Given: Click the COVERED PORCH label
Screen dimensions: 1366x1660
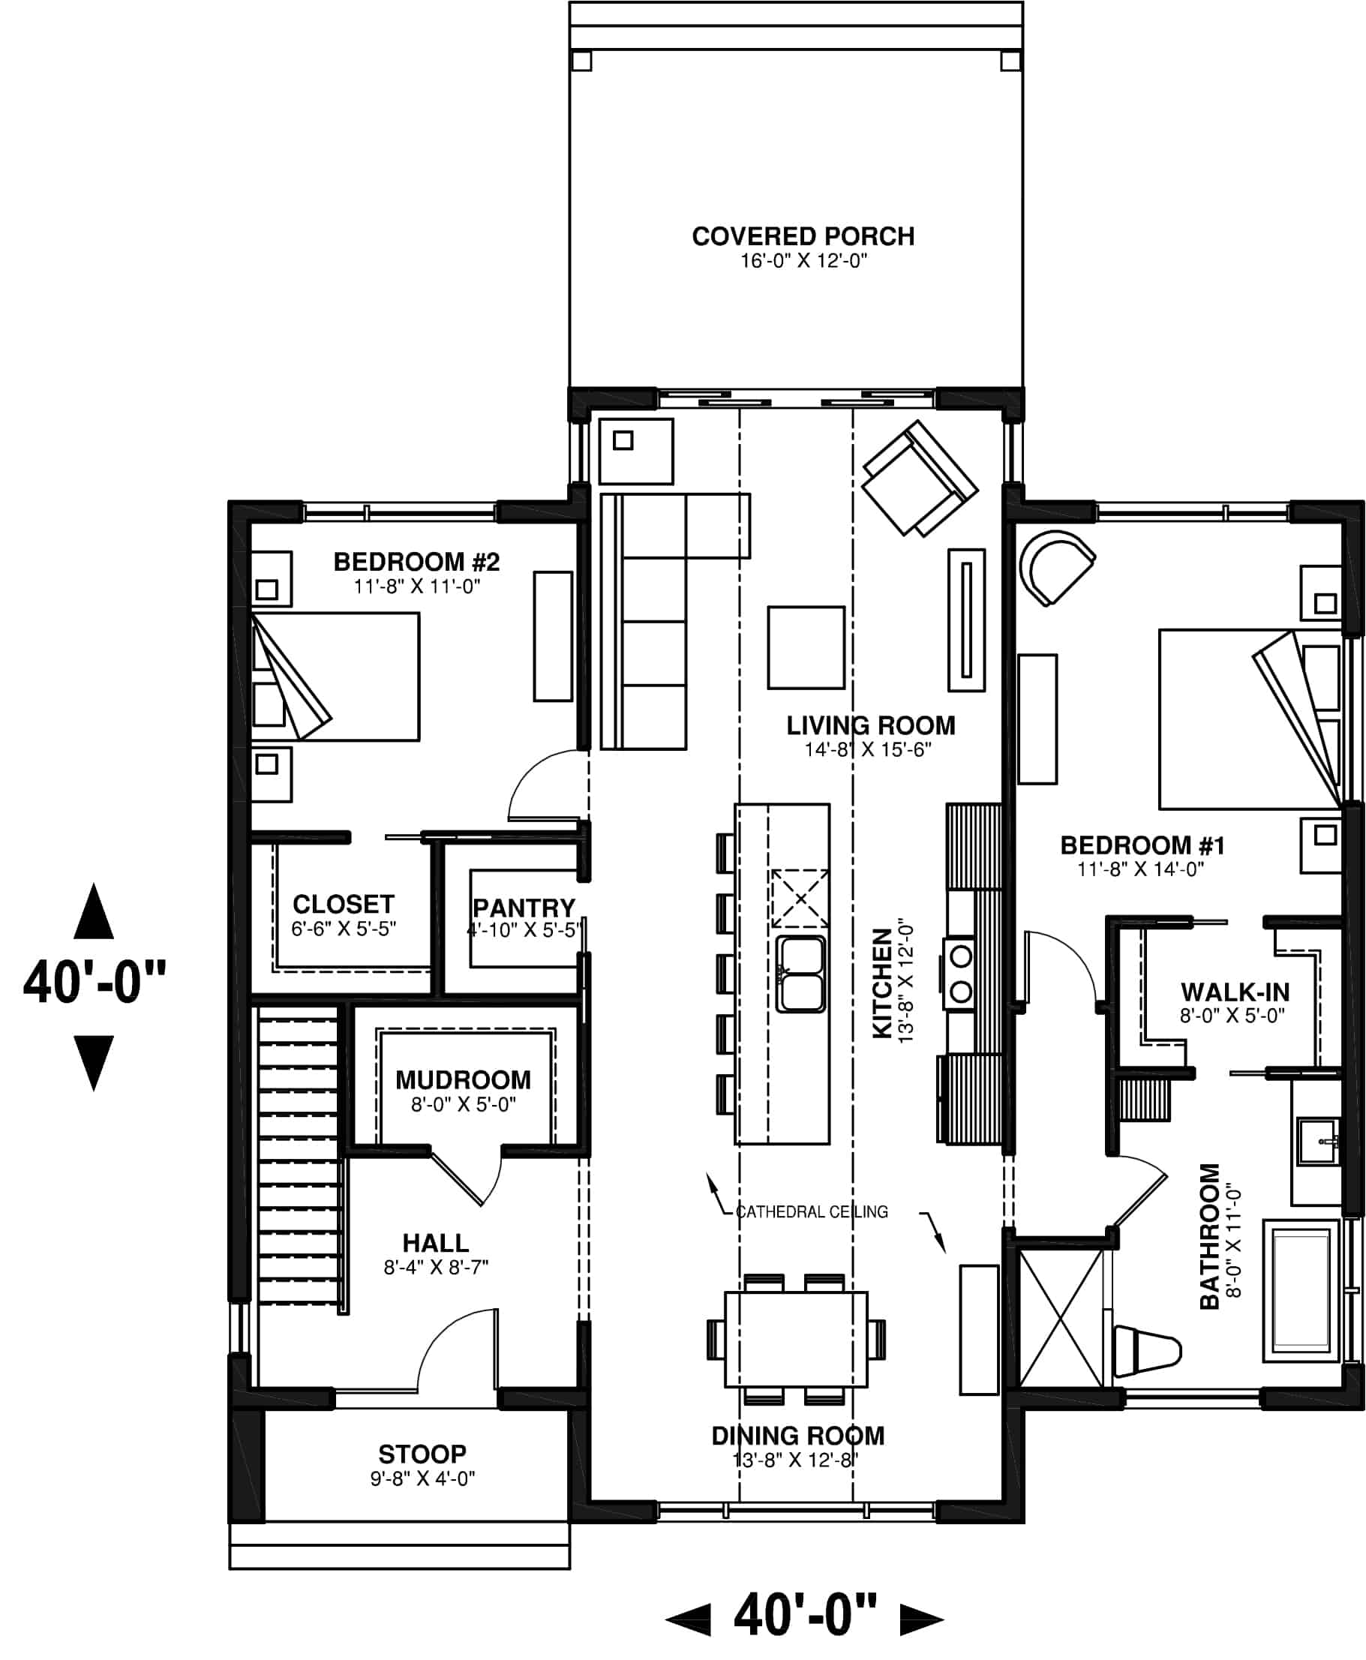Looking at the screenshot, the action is (x=803, y=236).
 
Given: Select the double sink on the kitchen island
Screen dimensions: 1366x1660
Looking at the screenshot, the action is (x=800, y=973).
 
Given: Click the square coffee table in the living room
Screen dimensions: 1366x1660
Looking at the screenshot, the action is (x=806, y=647).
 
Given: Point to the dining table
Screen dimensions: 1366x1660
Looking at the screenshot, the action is (x=797, y=1339).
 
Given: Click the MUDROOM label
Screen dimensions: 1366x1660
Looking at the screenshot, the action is (x=463, y=1079).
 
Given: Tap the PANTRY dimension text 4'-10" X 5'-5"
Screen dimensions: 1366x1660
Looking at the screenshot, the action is (x=524, y=930).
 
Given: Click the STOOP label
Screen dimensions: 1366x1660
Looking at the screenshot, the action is (x=422, y=1454).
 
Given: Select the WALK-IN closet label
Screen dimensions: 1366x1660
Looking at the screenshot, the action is (x=1235, y=992).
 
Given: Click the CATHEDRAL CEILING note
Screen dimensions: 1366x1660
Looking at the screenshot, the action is (x=811, y=1211).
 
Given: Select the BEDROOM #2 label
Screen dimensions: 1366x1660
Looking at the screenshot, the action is (x=416, y=562).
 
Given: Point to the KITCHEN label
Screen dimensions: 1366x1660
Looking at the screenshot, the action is (x=883, y=983).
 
